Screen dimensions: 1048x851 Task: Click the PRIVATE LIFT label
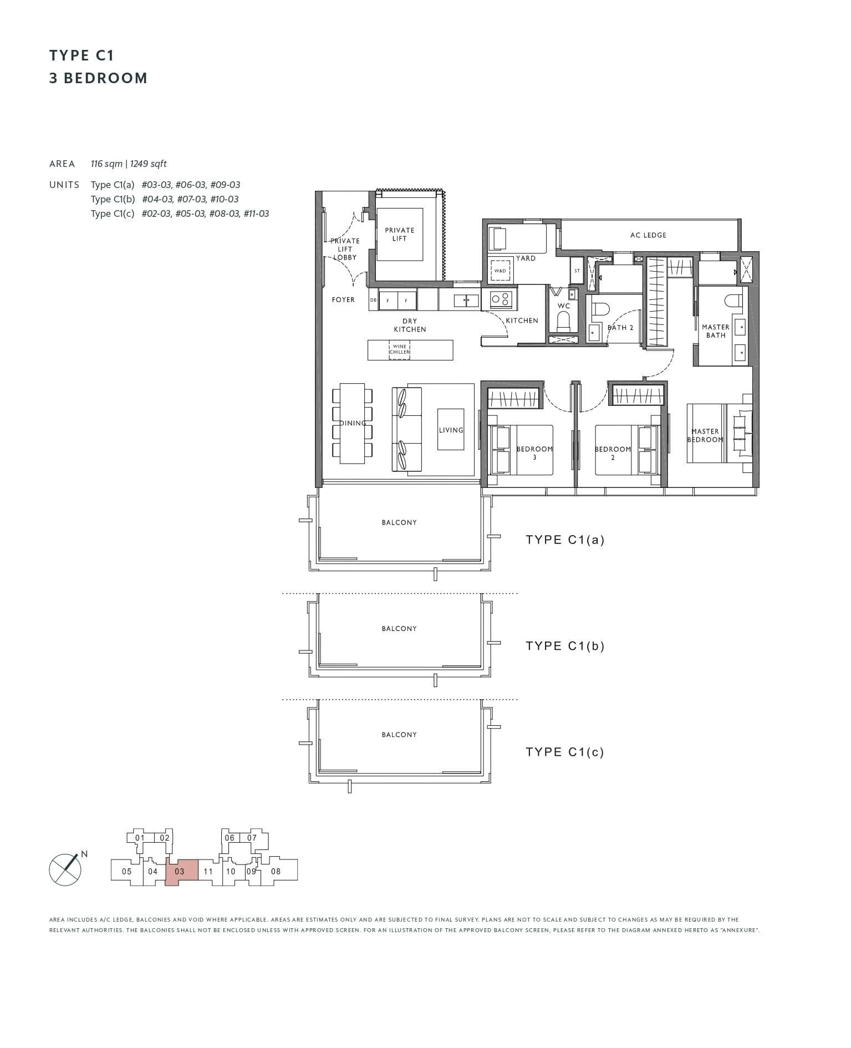(x=399, y=234)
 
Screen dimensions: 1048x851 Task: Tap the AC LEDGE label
(x=648, y=235)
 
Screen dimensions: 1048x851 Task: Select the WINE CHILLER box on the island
(x=399, y=350)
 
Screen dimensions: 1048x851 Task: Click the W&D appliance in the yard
(x=500, y=271)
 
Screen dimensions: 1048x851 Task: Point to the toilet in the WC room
(x=563, y=321)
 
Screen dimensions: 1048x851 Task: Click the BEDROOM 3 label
(x=534, y=452)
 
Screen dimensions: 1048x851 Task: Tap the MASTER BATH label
(x=715, y=331)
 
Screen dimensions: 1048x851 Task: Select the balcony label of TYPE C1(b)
(x=399, y=628)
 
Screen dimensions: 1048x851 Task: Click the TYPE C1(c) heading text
(x=564, y=752)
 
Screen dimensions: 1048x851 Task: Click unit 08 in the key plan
(x=276, y=871)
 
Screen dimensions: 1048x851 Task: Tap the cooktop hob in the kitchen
(x=500, y=299)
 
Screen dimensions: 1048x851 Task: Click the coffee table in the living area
(x=451, y=430)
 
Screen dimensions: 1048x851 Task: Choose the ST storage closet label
(x=577, y=271)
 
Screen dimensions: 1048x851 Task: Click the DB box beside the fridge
(x=373, y=300)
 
